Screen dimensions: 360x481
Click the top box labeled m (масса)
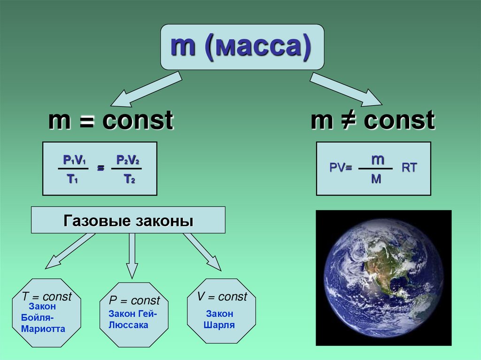[x=242, y=47]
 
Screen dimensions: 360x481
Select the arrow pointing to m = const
[x=146, y=89]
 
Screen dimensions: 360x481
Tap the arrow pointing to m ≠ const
[x=346, y=89]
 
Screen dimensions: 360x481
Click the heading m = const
[x=111, y=121]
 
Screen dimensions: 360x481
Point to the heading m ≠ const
[x=372, y=121]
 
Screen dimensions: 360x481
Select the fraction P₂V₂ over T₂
[x=127, y=169]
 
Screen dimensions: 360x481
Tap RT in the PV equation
[x=409, y=168]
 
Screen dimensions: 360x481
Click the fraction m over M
[x=376, y=168]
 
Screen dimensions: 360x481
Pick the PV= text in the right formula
[x=341, y=169]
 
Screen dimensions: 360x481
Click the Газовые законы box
[x=128, y=220]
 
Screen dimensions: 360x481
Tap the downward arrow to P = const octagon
[x=132, y=256]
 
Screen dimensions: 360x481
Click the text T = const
[x=47, y=297]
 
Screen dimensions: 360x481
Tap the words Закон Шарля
[x=219, y=319]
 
